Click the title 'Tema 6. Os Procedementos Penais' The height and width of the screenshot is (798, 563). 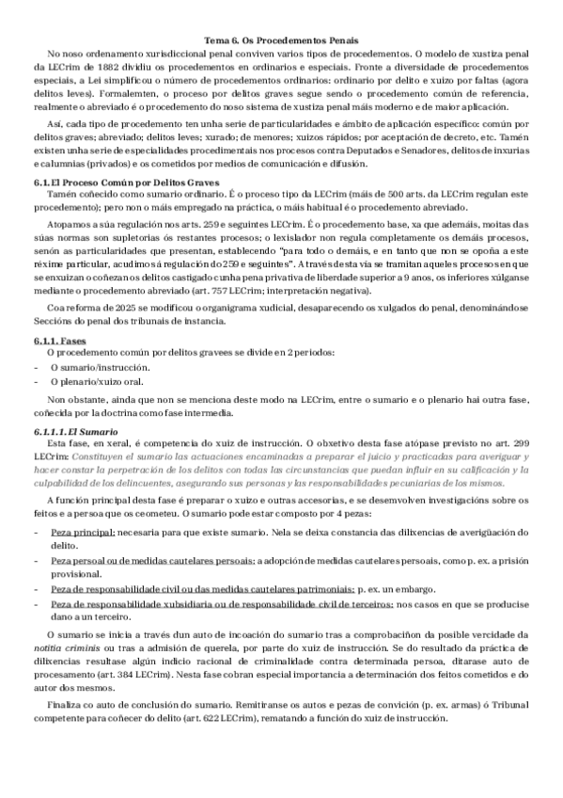click(x=281, y=41)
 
